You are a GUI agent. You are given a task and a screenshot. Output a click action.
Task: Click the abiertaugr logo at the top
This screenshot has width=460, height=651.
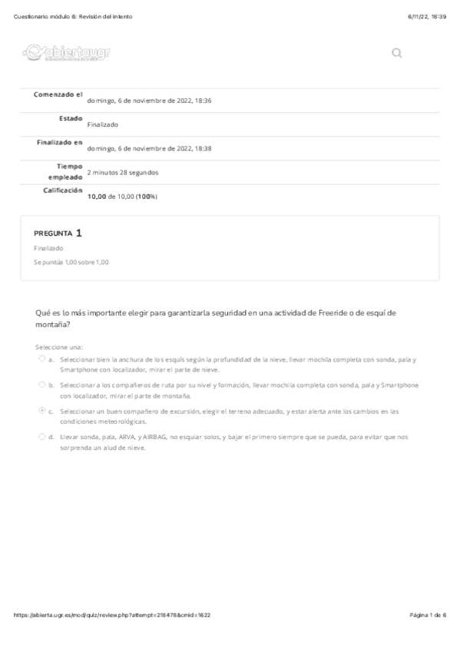coord(67,53)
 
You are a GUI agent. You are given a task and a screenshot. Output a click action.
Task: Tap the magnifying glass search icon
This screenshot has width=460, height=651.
coord(397,53)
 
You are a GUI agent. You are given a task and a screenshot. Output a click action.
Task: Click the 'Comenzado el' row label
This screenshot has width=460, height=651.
coord(58,94)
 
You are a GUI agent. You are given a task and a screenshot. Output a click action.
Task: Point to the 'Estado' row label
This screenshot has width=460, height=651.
coord(71,118)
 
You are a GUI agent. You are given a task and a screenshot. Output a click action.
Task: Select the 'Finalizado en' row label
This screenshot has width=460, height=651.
coord(60,142)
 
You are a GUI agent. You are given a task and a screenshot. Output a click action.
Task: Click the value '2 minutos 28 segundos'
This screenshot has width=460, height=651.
coord(123,173)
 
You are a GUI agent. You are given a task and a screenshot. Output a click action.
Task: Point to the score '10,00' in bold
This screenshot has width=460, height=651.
coord(96,197)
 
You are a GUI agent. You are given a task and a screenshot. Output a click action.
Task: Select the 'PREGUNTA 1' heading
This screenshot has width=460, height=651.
coord(58,232)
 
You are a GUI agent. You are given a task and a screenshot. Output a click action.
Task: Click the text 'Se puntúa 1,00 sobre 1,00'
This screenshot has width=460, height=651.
coord(71,262)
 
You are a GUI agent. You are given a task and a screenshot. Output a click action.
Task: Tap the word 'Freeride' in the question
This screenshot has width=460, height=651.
coord(333,312)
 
